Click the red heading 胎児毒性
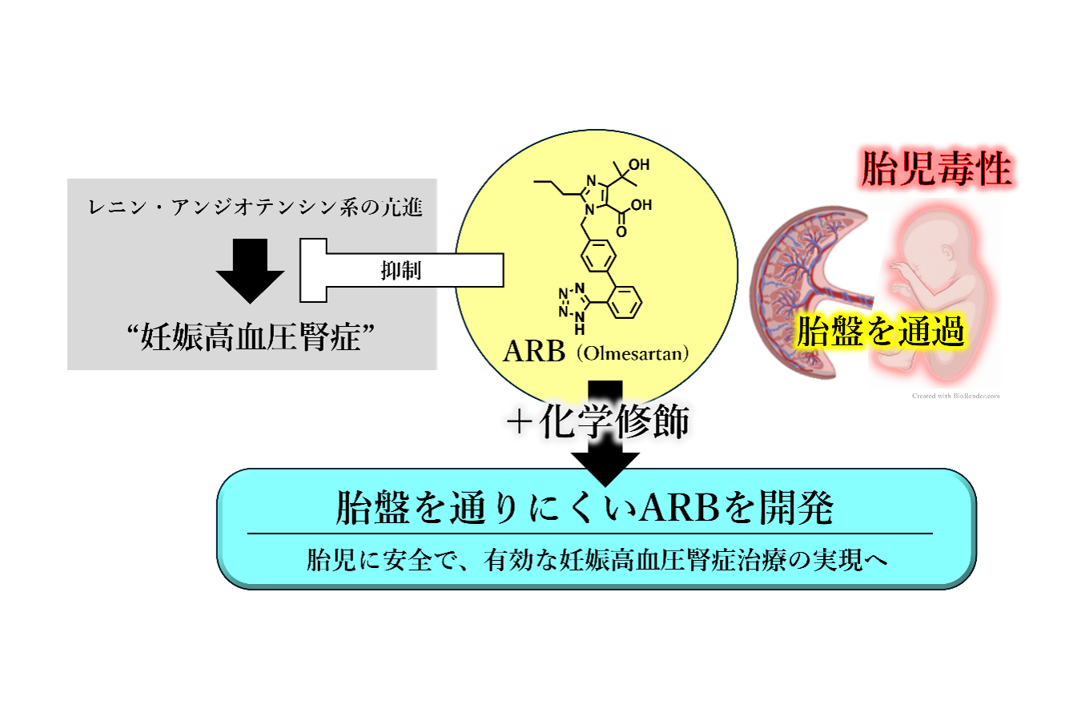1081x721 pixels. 936,168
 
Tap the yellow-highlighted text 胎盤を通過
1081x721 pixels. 880,332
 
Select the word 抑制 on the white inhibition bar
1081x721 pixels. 401,271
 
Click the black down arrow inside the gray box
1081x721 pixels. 250,271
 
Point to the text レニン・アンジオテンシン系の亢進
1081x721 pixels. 255,207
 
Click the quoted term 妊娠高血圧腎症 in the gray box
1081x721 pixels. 251,336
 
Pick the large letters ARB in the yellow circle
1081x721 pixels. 534,351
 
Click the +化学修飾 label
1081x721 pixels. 598,421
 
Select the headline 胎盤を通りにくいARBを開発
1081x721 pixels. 585,507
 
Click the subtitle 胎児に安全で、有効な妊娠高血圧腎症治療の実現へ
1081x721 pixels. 597,560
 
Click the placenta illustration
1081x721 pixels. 810,292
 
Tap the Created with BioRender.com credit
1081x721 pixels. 955,396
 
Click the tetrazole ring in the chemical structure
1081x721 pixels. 574,302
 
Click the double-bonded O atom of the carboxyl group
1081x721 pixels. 621,232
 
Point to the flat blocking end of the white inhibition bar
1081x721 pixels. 313,271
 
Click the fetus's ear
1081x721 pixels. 947,252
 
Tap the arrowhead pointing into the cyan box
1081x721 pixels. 605,469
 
